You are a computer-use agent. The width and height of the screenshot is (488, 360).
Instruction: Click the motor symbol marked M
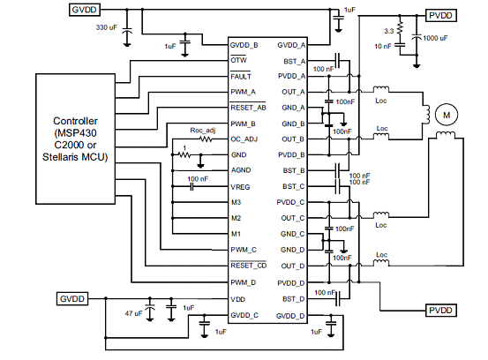447,115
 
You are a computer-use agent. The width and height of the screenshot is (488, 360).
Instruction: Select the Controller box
75,139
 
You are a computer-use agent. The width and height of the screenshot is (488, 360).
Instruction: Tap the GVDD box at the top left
84,10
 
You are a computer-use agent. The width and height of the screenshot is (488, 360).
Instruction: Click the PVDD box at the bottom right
440,311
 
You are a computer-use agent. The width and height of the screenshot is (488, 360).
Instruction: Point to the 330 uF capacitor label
107,27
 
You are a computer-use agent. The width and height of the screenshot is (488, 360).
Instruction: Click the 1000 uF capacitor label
435,38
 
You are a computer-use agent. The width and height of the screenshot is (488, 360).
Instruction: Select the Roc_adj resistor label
203,130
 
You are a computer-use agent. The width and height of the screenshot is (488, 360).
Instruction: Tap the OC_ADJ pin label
244,139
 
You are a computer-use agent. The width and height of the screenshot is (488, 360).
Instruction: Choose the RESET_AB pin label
248,108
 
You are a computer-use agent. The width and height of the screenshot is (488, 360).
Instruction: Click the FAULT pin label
241,77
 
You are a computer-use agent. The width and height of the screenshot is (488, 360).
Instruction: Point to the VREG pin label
240,187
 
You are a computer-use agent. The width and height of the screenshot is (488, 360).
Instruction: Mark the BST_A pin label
294,61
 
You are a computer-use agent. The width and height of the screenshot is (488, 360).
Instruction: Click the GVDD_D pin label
290,316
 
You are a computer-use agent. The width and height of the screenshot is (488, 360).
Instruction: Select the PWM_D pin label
243,282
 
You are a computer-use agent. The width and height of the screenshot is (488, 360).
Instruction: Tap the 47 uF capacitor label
134,313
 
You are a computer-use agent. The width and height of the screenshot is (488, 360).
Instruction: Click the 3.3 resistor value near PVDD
388,31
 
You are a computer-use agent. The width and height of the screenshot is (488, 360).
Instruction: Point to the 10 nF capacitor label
383,47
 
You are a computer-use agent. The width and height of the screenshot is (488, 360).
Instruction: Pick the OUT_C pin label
293,218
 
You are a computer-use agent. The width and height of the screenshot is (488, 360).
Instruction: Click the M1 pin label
236,234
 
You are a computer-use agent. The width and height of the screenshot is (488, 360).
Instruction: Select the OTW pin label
238,60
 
